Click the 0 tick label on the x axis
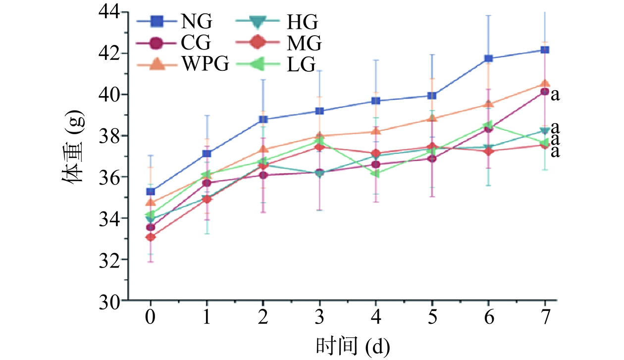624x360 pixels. coord(151,317)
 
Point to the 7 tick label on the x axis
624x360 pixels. coord(545,317)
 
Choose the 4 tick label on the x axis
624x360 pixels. coord(376,317)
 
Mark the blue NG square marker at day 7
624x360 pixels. coord(545,50)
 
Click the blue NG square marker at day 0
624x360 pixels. coord(151,192)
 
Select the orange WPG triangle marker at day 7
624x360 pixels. coord(545,84)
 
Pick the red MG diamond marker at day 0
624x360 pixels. coord(151,237)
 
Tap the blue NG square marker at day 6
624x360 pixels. coord(488,58)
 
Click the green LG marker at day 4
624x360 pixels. coord(376,173)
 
